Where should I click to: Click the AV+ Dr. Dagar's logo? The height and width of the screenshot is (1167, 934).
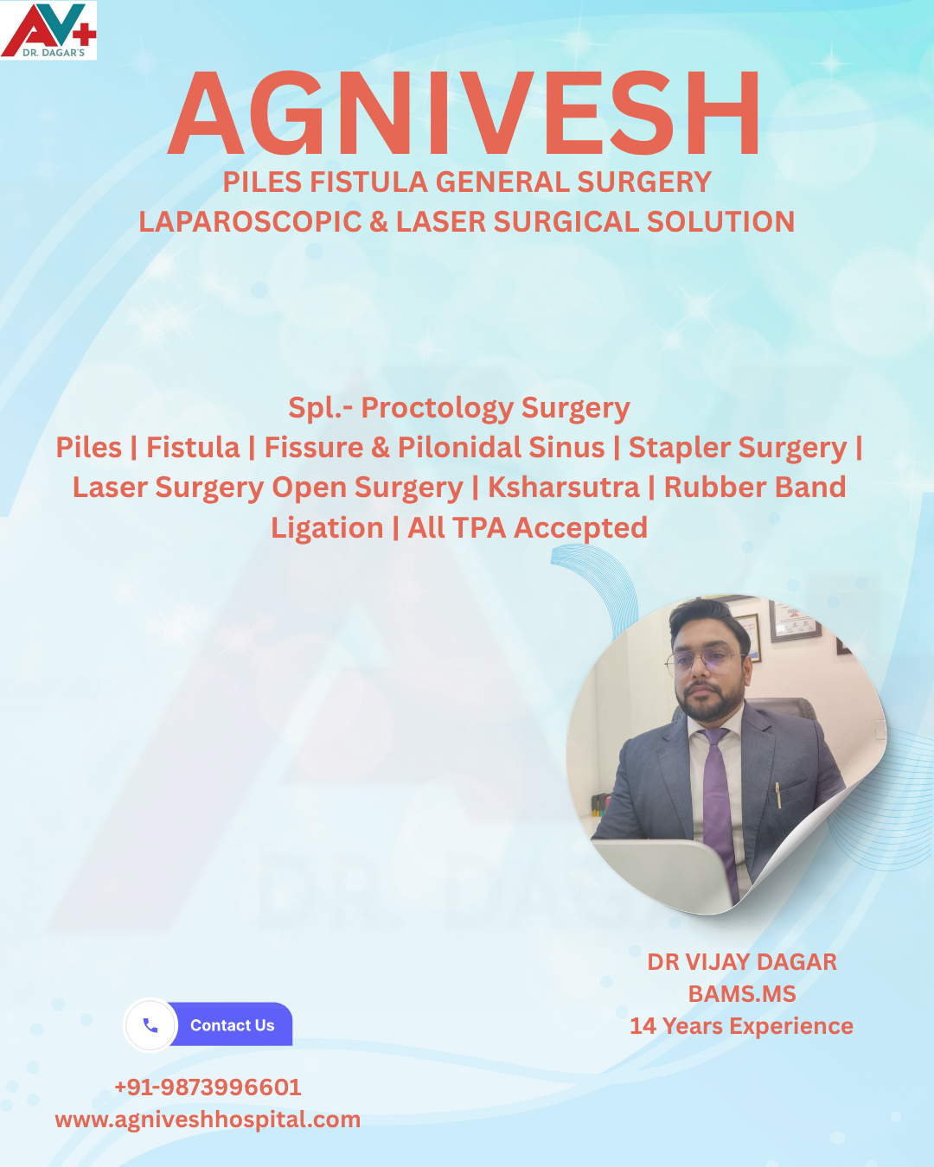tap(48, 30)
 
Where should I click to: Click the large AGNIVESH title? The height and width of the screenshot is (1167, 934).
tap(465, 114)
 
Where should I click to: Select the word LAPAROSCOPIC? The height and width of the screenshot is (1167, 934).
tap(250, 222)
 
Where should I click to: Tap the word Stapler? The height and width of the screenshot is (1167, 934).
tap(680, 448)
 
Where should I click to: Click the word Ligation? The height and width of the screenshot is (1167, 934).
tap(326, 528)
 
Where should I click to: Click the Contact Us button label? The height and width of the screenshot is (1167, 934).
tap(232, 1025)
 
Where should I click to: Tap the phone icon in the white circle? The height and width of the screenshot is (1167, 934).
tap(150, 1025)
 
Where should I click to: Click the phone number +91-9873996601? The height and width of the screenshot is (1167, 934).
tap(208, 1087)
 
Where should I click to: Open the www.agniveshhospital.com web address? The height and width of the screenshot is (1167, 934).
tap(208, 1119)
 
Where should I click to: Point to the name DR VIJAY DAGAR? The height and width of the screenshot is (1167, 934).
tap(742, 962)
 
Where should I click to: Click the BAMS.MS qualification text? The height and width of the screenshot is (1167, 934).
tap(742, 994)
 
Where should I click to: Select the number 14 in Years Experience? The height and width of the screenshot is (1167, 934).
tap(643, 1026)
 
